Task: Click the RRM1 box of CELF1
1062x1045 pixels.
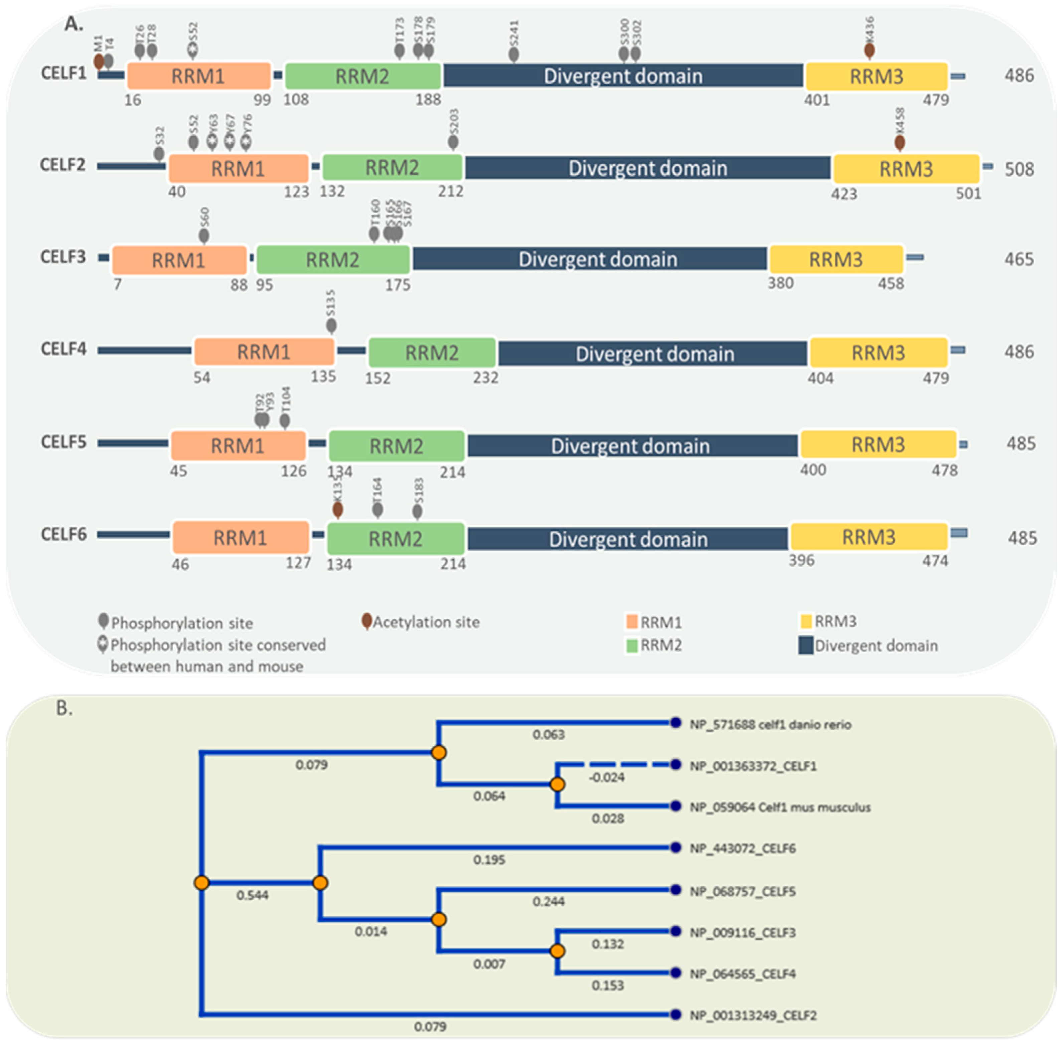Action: [x=198, y=76]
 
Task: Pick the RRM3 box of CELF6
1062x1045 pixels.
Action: [x=869, y=537]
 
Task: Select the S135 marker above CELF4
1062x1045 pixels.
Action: [x=331, y=326]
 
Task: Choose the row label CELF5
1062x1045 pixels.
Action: [x=63, y=442]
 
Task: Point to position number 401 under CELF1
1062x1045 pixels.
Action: [x=817, y=100]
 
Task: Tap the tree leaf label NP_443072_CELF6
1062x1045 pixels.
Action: [x=742, y=848]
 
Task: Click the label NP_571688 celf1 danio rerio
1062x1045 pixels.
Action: [x=770, y=724]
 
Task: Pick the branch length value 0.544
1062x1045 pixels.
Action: [x=252, y=895]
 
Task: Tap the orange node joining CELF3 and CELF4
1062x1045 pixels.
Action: [x=557, y=951]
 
